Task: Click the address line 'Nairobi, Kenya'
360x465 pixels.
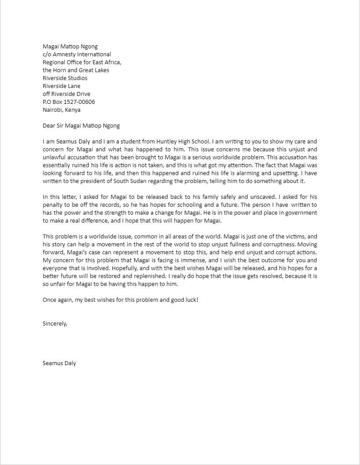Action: click(x=61, y=110)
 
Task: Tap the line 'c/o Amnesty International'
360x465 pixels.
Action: click(x=77, y=55)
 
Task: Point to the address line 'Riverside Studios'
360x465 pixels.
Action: click(x=65, y=78)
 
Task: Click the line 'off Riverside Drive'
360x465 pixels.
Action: click(x=66, y=94)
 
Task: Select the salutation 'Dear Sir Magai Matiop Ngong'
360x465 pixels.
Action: click(x=81, y=126)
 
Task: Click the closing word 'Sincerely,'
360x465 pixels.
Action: click(x=55, y=323)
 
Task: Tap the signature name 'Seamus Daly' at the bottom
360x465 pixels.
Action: click(x=59, y=363)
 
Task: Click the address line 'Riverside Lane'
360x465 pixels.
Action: click(x=61, y=86)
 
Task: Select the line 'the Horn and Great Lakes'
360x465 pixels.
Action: click(x=76, y=70)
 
